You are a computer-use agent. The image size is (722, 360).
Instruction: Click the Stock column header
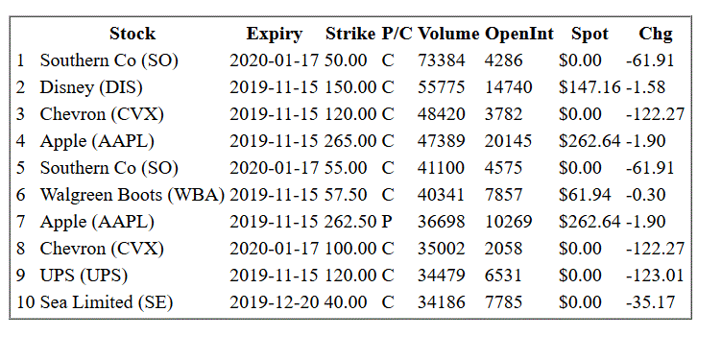(x=132, y=34)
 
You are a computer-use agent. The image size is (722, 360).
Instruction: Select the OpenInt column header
(x=518, y=34)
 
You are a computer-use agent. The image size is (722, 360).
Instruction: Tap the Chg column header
(x=655, y=34)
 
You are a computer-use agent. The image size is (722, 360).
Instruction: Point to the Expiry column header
(x=274, y=34)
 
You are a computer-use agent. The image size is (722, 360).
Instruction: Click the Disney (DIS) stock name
(x=91, y=87)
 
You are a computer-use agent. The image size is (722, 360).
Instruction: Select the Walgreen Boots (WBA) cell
(x=132, y=195)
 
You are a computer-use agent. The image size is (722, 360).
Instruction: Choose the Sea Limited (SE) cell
(x=107, y=302)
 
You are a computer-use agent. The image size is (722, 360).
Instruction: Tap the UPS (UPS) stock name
(x=84, y=276)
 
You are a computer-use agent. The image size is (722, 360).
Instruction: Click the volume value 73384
(x=441, y=60)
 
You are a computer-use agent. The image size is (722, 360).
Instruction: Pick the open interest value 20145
(x=508, y=141)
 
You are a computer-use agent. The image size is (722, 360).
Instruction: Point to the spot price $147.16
(x=590, y=87)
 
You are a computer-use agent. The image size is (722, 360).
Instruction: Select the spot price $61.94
(x=585, y=195)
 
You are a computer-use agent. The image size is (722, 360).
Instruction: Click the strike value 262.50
(x=349, y=222)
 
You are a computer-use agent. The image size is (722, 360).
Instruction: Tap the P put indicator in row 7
(x=387, y=222)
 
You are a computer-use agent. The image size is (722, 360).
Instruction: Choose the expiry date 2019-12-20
(x=274, y=302)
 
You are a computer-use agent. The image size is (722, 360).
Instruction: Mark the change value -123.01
(x=655, y=276)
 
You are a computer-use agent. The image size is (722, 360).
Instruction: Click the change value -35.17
(x=650, y=302)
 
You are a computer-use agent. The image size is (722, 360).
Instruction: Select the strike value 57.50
(x=346, y=195)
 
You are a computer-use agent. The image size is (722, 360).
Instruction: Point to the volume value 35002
(x=441, y=249)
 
